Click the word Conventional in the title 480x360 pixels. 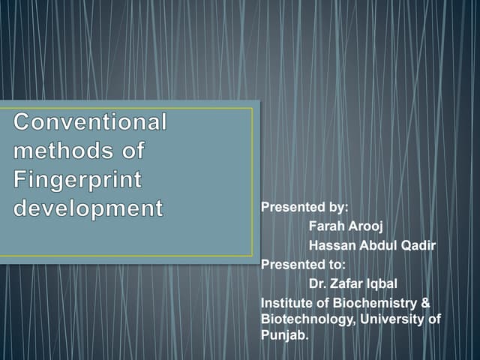coord(90,121)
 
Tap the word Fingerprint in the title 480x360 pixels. coord(78,179)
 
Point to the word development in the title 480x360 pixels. coord(88,208)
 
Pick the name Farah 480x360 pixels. coord(325,226)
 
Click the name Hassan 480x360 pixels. coord(331,245)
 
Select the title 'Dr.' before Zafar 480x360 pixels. coord(316,283)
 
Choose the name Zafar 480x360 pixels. coord(344,283)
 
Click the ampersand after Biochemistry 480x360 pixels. coord(425,302)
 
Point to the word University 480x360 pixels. coord(392,320)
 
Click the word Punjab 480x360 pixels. coord(283,337)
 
